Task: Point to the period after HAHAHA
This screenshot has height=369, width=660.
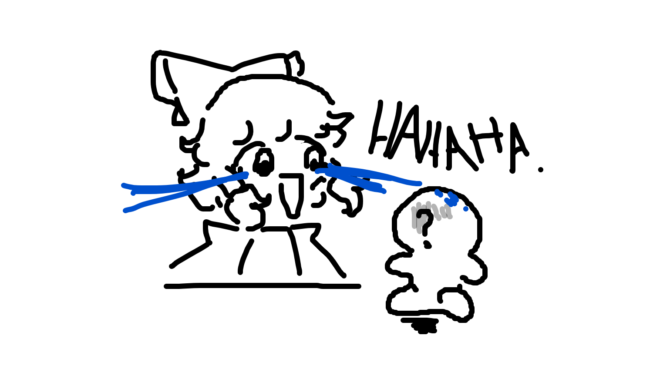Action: [x=540, y=170]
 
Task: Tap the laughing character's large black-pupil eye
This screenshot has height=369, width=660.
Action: [x=264, y=164]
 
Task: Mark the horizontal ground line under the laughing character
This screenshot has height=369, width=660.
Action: [x=262, y=286]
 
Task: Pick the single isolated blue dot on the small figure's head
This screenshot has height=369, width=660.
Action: [x=466, y=209]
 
